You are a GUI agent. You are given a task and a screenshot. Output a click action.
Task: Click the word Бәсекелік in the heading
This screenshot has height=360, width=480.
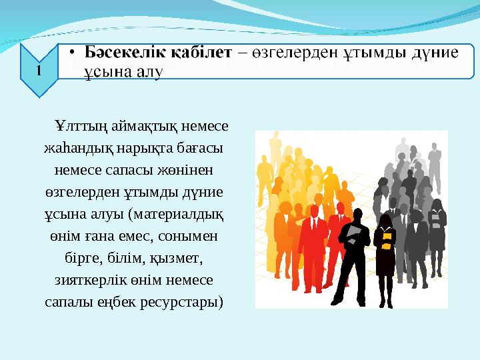[x=121, y=51]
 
